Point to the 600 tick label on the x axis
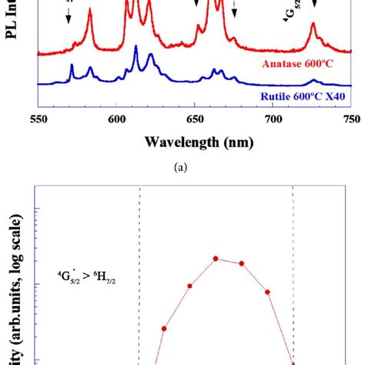[x=116, y=120]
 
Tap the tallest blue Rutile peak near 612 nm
[x=136, y=49]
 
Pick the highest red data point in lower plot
[x=216, y=259]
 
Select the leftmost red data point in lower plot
[x=164, y=328]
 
